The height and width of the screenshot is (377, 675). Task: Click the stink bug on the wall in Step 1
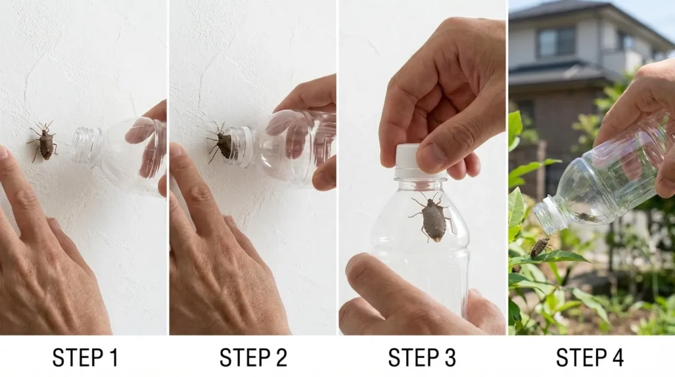point(44,141)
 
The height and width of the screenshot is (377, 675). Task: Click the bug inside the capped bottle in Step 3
point(432,217)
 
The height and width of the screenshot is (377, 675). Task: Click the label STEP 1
point(85,358)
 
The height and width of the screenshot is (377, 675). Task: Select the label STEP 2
point(253,358)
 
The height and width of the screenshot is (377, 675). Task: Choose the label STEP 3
point(421,358)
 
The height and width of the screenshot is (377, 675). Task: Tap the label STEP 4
point(590,358)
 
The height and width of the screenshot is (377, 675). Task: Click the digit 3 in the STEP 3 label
point(448,358)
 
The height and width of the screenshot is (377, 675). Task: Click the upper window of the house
point(556,42)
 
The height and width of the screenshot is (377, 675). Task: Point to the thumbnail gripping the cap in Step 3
point(432,158)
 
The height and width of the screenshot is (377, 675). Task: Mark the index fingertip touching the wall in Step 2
point(176,151)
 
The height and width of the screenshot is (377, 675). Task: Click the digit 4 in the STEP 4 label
point(616,358)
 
